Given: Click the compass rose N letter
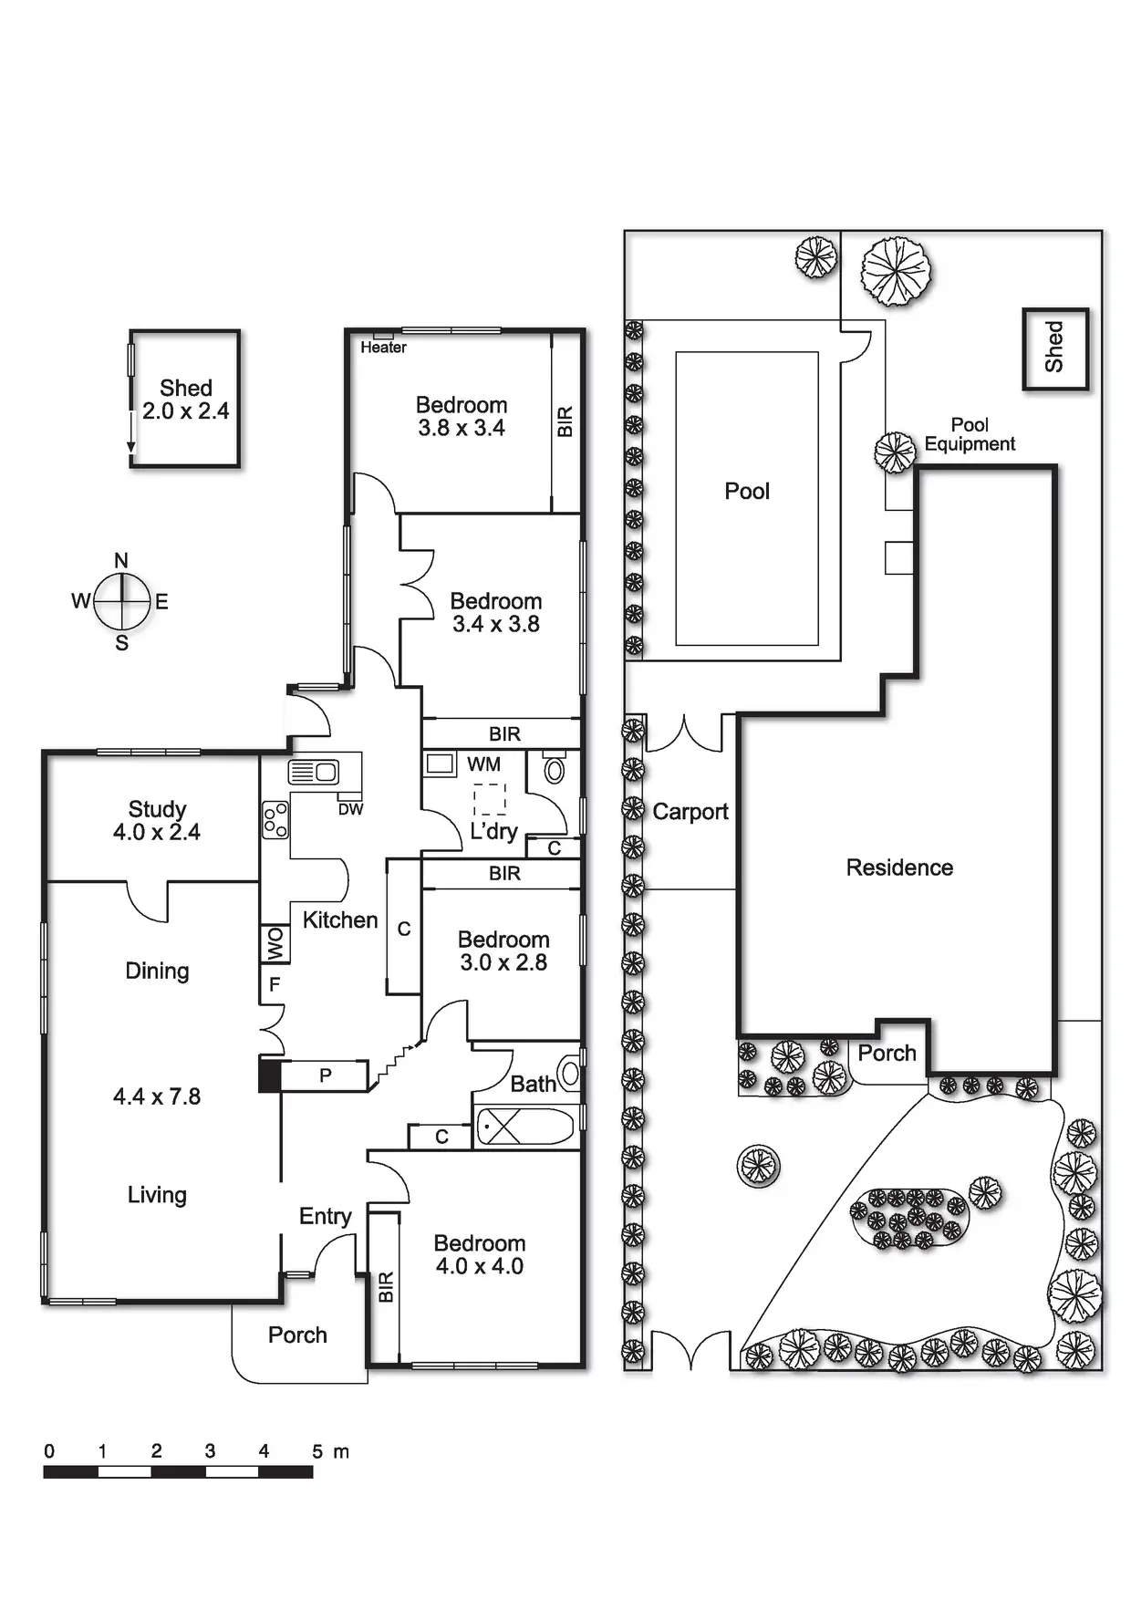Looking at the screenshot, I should coord(121,561).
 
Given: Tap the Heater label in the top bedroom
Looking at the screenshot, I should coord(383,348).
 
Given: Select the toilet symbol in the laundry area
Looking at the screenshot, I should coord(554,769).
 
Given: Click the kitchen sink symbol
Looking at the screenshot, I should coord(314,772).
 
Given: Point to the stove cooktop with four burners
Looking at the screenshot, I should coord(275,819).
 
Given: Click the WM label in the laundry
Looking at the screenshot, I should coord(483,764).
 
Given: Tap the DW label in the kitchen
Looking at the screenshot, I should coord(350,809).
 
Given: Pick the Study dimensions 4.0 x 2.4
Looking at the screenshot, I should coord(157,832).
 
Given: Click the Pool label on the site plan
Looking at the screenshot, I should coord(747,492).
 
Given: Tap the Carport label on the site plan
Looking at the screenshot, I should coord(690,812).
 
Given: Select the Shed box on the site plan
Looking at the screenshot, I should coord(1055,349).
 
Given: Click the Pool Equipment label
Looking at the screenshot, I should coord(970,434).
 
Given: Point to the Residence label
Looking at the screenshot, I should coord(899,868).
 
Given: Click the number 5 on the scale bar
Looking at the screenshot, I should coord(317,1451).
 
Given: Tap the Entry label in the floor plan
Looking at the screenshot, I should coord(325,1216).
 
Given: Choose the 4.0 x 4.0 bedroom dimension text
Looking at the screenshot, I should coord(480,1266).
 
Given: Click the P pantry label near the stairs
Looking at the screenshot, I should coord(325,1075).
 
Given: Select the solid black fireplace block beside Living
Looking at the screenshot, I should coord(270,1075).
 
